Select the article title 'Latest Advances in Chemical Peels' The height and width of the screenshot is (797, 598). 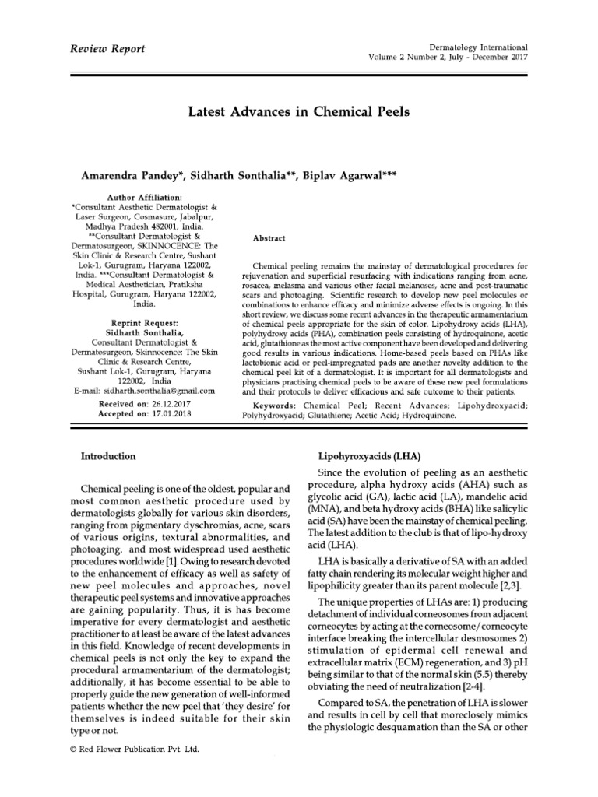pos(299,112)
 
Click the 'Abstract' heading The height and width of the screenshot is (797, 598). pos(269,237)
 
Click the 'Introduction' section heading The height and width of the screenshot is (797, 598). pos(109,456)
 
